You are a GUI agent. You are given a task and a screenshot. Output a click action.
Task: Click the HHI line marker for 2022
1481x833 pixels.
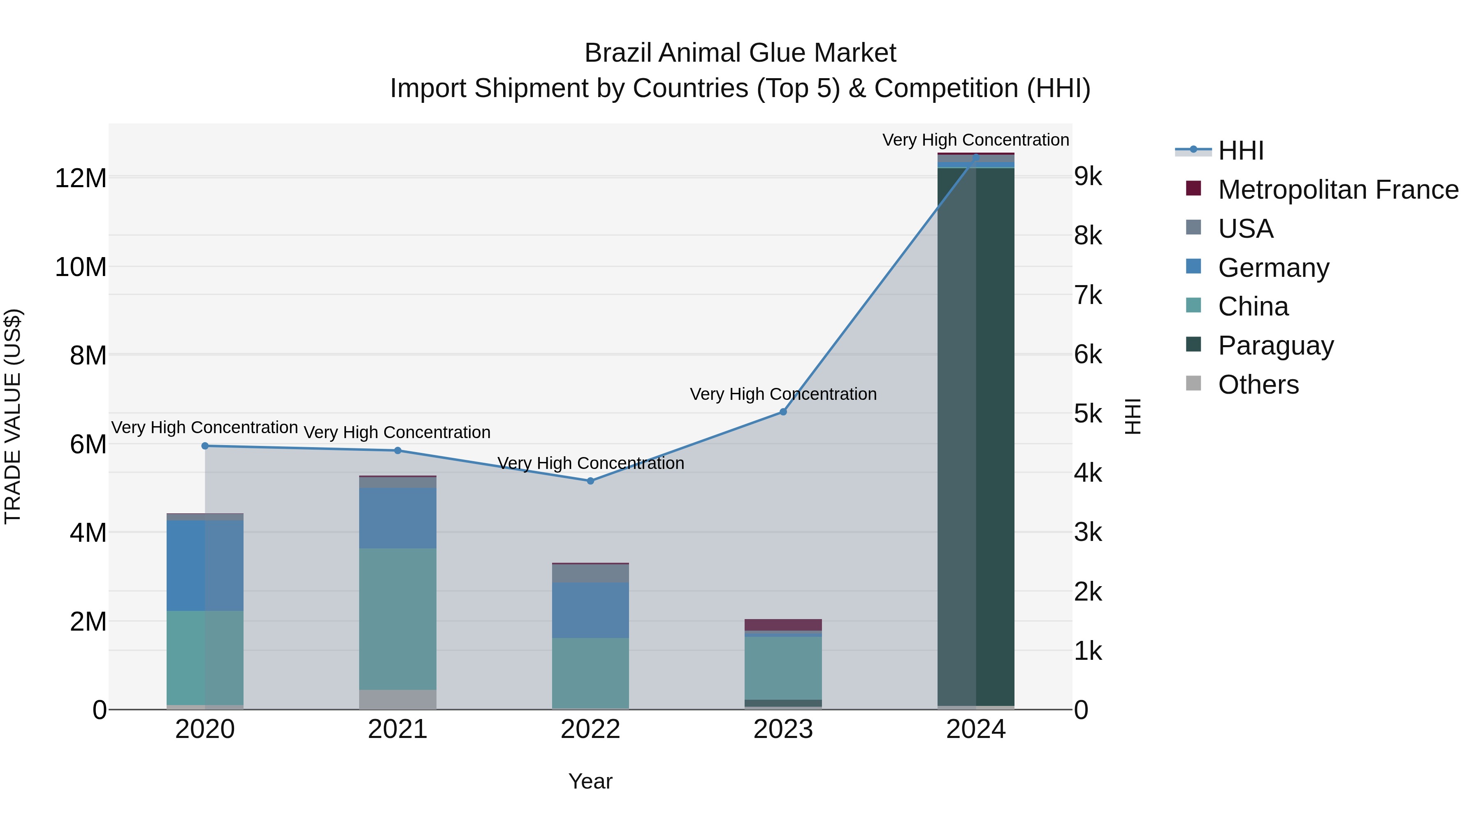coord(590,480)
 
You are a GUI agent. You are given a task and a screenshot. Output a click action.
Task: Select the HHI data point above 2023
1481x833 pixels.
coord(782,412)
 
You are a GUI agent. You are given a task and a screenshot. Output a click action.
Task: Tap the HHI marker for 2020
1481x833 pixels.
coord(205,446)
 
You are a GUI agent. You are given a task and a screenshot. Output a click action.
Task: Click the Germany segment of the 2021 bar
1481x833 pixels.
coord(397,518)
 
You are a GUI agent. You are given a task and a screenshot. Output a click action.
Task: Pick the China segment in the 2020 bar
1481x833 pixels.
coord(205,657)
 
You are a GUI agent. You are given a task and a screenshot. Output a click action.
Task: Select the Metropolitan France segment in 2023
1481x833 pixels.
coord(782,624)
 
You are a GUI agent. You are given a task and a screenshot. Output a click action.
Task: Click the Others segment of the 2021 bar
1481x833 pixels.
coord(397,699)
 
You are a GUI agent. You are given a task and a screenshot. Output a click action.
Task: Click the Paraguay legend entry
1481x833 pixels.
coord(1275,346)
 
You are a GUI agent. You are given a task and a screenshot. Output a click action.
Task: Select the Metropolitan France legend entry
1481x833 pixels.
coord(1337,190)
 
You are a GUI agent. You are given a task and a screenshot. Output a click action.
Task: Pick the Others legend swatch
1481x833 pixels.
coord(1193,383)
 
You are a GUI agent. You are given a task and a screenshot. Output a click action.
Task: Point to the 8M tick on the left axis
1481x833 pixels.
coord(88,355)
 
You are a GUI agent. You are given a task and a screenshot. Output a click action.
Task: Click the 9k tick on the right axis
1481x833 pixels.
coord(1088,176)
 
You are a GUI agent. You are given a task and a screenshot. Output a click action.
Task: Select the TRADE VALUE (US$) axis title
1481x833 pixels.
coord(13,416)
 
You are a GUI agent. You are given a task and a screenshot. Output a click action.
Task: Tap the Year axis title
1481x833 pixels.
coord(590,781)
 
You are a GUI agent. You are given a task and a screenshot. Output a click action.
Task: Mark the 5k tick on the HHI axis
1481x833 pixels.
coord(1088,413)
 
